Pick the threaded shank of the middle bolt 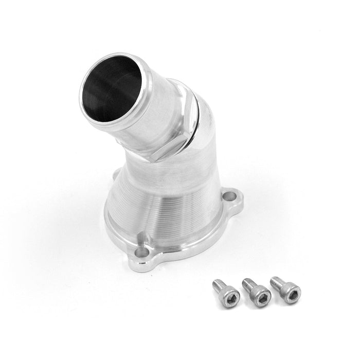[247, 284]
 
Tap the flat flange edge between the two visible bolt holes [195, 242]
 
